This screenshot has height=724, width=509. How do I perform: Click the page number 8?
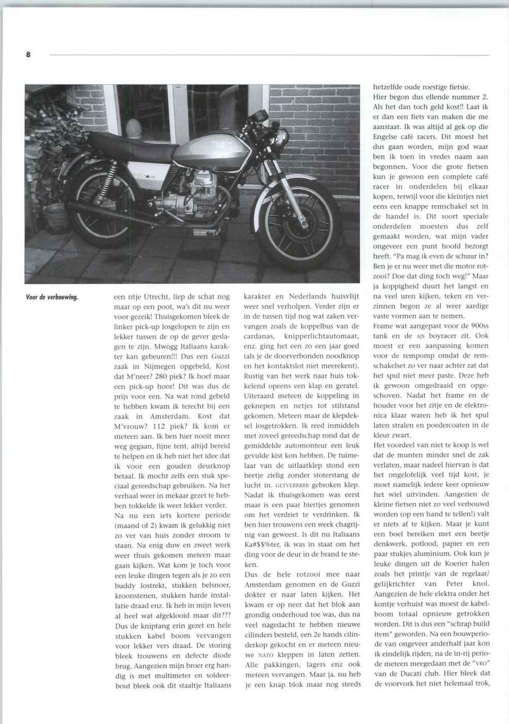28,54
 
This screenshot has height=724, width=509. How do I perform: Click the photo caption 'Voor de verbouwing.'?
52,297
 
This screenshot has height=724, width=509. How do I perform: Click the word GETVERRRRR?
292,485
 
